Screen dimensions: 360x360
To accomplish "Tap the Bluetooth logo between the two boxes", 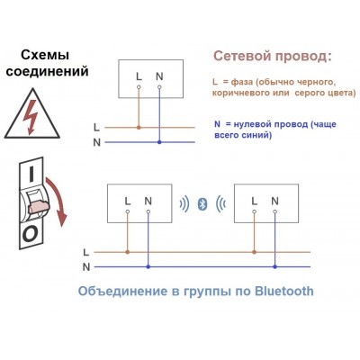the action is coord(202,203).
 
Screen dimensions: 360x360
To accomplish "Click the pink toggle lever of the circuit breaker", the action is coord(39,206).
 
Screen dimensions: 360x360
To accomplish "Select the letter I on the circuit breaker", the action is coord(31,174).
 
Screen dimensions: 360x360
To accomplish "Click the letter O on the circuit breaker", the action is coord(30,234).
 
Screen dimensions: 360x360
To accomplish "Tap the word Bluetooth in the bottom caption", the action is coord(284,291).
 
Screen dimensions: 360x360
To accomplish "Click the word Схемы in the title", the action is coord(45,55).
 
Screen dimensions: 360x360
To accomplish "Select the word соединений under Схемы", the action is coord(48,72).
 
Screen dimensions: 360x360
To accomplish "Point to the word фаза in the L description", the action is coord(242,82).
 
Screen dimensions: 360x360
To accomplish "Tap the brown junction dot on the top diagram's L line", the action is coord(139,128).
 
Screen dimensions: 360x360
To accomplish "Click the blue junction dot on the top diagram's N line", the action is coord(159,142).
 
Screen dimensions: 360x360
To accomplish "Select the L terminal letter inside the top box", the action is coord(139,76).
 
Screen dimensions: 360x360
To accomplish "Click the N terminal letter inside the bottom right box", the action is coord(274,201).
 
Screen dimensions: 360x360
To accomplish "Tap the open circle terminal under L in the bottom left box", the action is coord(128,211).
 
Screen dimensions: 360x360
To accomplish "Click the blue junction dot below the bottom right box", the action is coord(274,266).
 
